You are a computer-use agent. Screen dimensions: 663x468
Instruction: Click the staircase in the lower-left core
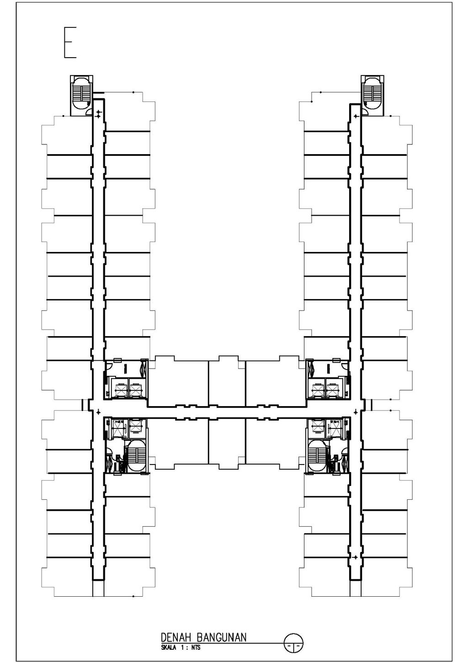click(x=134, y=455)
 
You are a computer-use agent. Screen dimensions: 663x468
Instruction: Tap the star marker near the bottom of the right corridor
click(x=356, y=557)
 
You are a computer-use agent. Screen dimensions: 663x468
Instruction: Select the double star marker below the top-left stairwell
click(x=98, y=114)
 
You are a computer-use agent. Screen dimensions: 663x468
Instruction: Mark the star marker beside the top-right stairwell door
click(x=356, y=117)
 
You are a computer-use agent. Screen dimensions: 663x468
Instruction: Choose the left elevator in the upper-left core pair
click(x=122, y=389)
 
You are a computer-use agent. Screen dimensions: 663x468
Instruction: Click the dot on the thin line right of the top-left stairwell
click(x=133, y=92)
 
